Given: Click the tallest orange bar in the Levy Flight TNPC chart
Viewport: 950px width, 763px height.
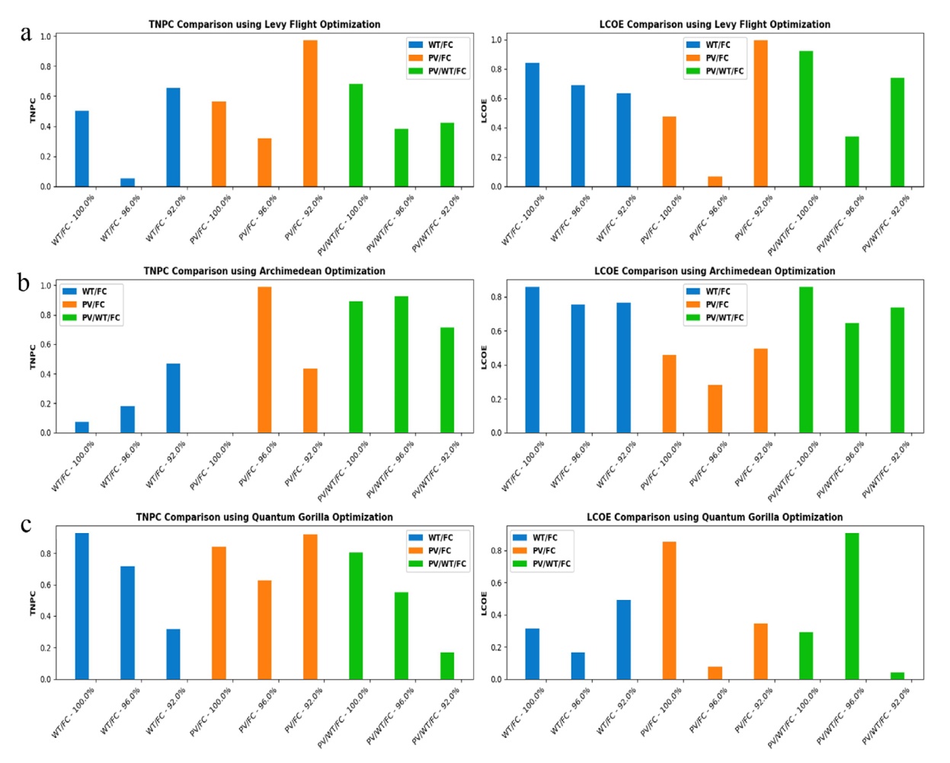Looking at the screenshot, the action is pyautogui.click(x=310, y=113).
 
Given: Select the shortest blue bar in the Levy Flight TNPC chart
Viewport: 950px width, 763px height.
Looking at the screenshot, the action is pyautogui.click(x=127, y=182).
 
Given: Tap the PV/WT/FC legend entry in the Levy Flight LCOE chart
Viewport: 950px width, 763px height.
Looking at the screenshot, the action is pyautogui.click(x=715, y=71).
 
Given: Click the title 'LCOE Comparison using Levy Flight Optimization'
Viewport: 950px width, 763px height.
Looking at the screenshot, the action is pyautogui.click(x=715, y=24).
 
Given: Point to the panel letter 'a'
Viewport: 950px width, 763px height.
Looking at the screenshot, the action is pyautogui.click(x=26, y=34).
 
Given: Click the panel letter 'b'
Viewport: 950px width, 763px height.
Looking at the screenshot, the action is pyautogui.click(x=24, y=282).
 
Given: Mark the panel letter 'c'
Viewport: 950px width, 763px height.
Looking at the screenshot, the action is pyautogui.click(x=26, y=525).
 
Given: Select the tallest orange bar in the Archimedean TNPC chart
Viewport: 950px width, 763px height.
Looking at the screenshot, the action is pyautogui.click(x=264, y=359).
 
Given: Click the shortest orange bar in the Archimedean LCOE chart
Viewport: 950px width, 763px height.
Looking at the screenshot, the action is pyautogui.click(x=715, y=409).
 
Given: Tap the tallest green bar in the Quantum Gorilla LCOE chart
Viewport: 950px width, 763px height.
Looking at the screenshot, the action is pyautogui.click(x=852, y=606).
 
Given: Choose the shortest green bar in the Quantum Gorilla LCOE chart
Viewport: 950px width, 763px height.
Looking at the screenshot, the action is pyautogui.click(x=897, y=675).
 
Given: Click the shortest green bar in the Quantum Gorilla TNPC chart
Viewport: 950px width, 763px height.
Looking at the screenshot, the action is pyautogui.click(x=446, y=666).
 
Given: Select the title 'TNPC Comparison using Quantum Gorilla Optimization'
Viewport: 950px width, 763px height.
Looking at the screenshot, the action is pyautogui.click(x=264, y=517).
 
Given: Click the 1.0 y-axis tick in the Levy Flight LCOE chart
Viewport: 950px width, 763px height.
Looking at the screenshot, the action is pyautogui.click(x=495, y=40).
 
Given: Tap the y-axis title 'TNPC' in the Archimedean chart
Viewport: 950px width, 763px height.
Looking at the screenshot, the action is pyautogui.click(x=33, y=356).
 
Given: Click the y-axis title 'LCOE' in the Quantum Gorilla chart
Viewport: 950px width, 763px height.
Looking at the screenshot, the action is pyautogui.click(x=484, y=603).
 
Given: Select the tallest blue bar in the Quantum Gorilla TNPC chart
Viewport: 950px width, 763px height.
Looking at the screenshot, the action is pyautogui.click(x=82, y=606).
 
